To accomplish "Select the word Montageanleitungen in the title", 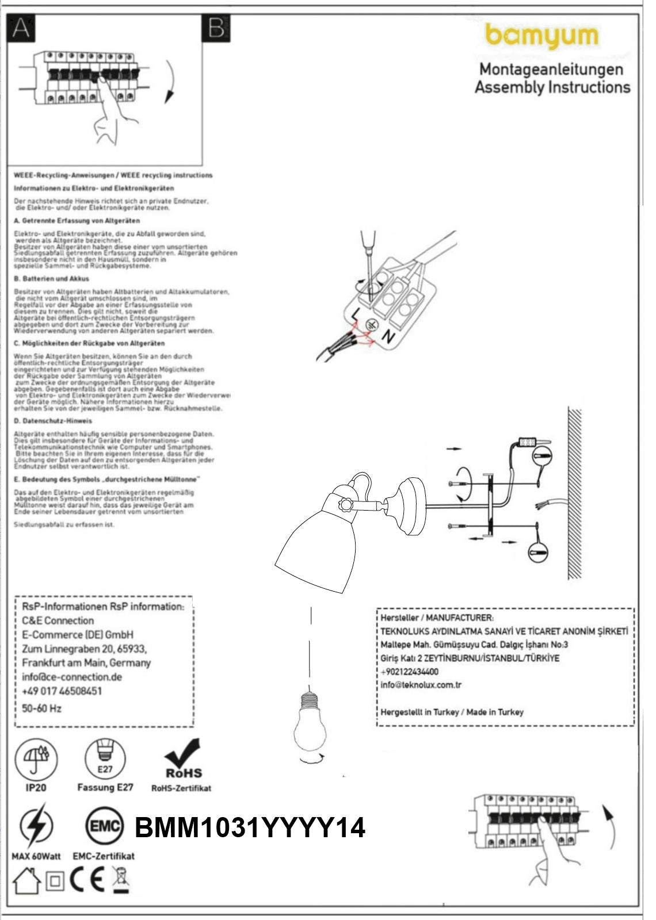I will pyautogui.click(x=551, y=70).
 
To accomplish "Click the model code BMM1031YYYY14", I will pyautogui.click(x=250, y=829).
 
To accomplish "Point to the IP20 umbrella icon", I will pyautogui.click(x=36, y=758).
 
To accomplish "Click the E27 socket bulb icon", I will pyautogui.click(x=105, y=758).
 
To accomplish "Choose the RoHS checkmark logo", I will pyautogui.click(x=183, y=758).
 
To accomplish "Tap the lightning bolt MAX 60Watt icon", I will pyautogui.click(x=36, y=827).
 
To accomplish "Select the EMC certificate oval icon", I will pyautogui.click(x=105, y=827).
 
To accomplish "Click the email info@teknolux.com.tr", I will pyautogui.click(x=421, y=685).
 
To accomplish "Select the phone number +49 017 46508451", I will pyautogui.click(x=62, y=691).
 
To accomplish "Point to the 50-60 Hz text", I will pyautogui.click(x=41, y=708).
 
